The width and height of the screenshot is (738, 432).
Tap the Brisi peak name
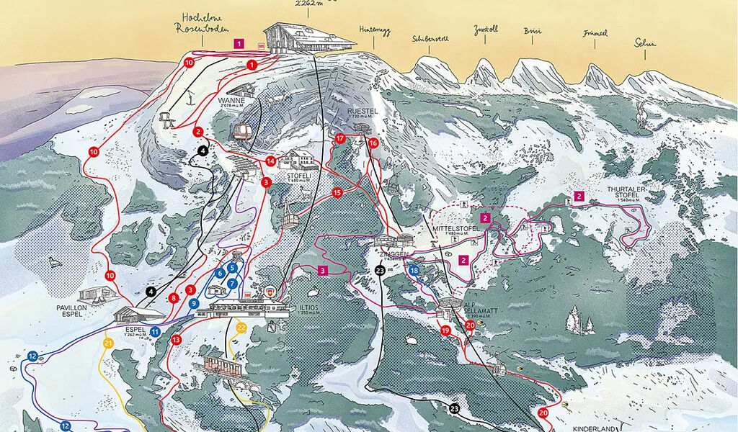533,32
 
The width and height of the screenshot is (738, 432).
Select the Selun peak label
645,44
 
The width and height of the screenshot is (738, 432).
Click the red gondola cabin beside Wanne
241,132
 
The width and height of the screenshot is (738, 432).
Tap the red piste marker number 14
271,161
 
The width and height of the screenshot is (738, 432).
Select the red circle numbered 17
340,138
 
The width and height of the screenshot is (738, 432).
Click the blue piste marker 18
414,270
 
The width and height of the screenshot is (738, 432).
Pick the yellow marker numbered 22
241,328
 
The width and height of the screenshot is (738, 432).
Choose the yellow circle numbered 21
108,343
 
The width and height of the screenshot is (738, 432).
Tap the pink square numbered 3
323,270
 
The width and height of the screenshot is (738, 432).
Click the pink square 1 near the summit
238,44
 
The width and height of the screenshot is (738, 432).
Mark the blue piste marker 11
155,332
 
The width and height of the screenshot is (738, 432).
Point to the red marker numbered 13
176,339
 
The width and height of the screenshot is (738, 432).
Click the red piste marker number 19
445,330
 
